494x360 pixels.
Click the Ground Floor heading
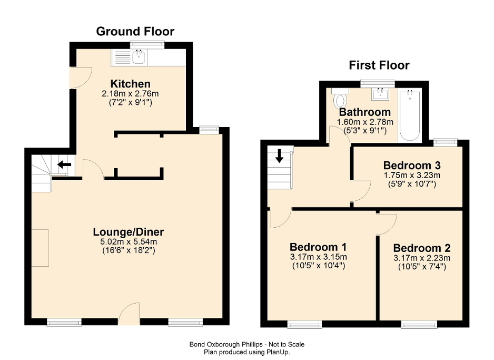(x=135, y=31)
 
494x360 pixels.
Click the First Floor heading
(x=379, y=65)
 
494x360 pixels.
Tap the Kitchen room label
(x=130, y=84)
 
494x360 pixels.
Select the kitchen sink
(x=139, y=57)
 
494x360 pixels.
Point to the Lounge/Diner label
(x=129, y=232)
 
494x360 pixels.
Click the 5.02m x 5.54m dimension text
(x=129, y=242)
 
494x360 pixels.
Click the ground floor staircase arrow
(x=64, y=164)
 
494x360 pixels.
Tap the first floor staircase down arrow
(x=279, y=157)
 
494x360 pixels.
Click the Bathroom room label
(x=364, y=112)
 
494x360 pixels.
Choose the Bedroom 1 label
(x=318, y=247)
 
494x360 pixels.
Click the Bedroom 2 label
(x=421, y=248)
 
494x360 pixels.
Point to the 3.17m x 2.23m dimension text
(x=421, y=258)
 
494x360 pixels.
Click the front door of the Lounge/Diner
(x=129, y=315)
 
